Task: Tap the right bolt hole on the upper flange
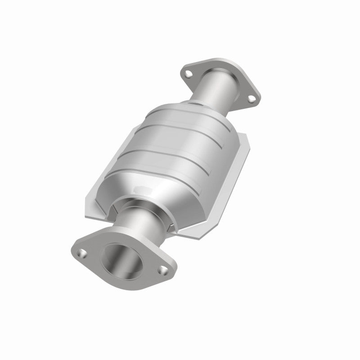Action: click(248, 95)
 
